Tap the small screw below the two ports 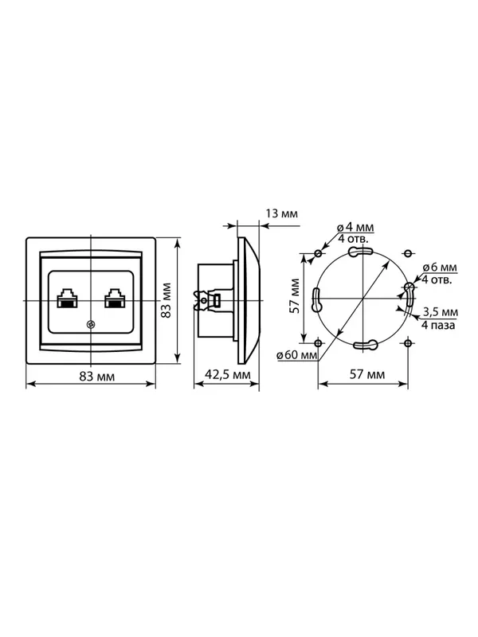tap(91, 324)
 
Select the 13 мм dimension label tap(282, 213)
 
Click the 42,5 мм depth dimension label tap(228, 374)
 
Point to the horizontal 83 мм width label tap(96, 377)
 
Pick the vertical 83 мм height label tap(166, 300)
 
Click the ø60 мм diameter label tap(296, 355)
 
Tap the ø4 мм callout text tap(355, 228)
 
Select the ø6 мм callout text tap(440, 268)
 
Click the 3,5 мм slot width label tap(441, 312)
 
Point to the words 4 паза tap(438, 325)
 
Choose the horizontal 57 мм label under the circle tap(367, 374)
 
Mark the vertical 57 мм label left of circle tap(295, 295)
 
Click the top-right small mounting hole tap(408, 253)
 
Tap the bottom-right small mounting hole tap(408, 343)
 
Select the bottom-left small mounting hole tap(318, 343)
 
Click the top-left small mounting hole tap(318, 253)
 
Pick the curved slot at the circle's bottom tap(366, 345)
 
